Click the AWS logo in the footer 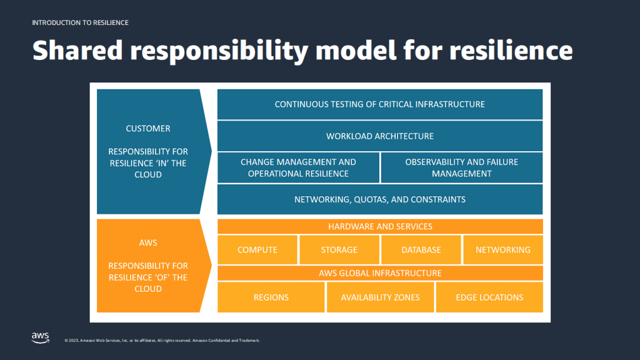coord(40,337)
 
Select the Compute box coord(257,250)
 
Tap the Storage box coord(339,250)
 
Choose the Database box coord(421,250)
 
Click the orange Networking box coord(502,250)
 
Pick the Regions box coord(271,297)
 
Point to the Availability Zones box coord(380,297)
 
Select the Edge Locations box coord(489,297)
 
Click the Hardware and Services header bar coord(380,226)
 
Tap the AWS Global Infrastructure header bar coord(380,273)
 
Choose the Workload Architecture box coord(380,136)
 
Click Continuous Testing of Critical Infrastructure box coord(380,104)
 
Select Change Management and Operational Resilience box coord(298,167)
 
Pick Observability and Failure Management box coord(461,167)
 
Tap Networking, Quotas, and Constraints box coord(380,200)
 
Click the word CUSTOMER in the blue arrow coord(148,129)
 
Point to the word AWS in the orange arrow coord(148,242)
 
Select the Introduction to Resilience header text coord(80,22)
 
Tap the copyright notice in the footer coord(162,341)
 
